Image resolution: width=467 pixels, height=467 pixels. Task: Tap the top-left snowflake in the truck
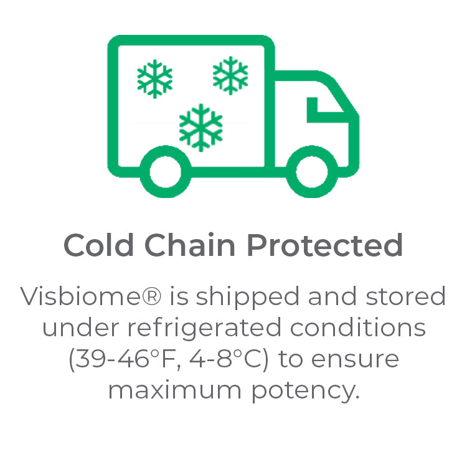[x=154, y=79]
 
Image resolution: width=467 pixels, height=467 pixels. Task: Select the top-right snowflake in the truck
[x=230, y=75]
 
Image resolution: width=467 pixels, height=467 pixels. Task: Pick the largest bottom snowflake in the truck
[x=200, y=128]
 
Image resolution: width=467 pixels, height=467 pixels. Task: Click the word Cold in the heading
[x=98, y=245]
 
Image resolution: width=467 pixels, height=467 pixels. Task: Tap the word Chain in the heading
[x=190, y=245]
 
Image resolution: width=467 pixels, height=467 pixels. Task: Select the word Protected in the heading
[x=325, y=245]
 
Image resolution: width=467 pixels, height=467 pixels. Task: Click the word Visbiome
[x=80, y=296]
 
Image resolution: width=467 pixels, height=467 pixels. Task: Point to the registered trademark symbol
[x=151, y=295]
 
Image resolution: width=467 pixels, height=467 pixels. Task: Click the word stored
[x=406, y=296]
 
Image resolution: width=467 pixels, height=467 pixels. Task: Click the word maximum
[x=174, y=390]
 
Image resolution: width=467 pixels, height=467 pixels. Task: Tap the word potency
[x=305, y=392]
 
